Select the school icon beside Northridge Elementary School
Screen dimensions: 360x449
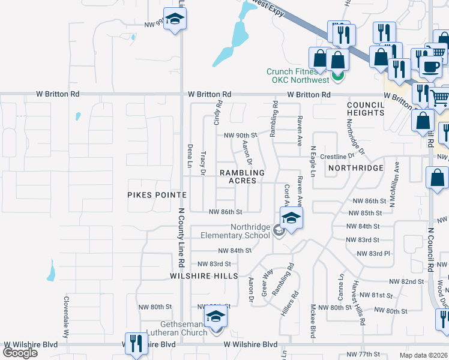291,218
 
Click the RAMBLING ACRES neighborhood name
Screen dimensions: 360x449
242,176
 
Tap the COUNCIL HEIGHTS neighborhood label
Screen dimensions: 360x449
365,109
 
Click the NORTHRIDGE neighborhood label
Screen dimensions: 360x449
356,168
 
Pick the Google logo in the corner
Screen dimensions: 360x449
20,353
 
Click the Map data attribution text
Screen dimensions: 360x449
424,355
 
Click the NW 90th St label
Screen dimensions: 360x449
240,136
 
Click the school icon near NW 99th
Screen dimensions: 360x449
175,19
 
